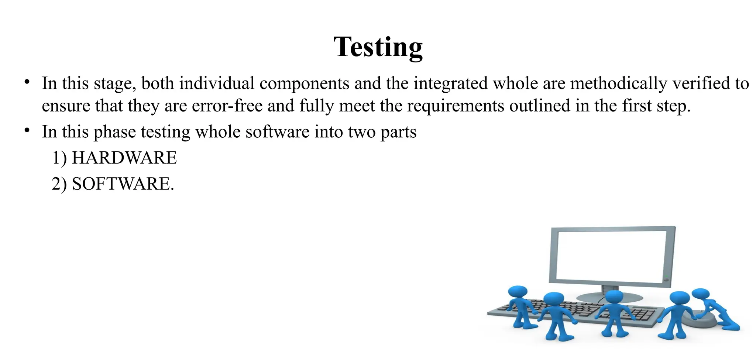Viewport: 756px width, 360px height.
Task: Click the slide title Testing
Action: coord(378,47)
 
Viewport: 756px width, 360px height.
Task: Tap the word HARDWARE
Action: coord(124,158)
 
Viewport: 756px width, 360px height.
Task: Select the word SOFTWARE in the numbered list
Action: coord(121,184)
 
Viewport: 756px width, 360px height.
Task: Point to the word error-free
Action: coord(227,106)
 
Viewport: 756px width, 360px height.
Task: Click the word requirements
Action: coord(456,106)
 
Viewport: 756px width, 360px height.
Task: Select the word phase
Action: coord(114,132)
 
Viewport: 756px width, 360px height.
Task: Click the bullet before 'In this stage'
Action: coord(27,82)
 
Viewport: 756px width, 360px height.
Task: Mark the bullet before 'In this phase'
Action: coord(27,130)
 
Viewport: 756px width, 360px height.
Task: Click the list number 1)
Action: coord(59,158)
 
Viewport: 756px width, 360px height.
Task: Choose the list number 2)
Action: coord(59,184)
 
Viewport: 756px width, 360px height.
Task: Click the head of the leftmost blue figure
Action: coord(518,292)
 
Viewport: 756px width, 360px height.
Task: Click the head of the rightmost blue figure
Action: coord(700,294)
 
